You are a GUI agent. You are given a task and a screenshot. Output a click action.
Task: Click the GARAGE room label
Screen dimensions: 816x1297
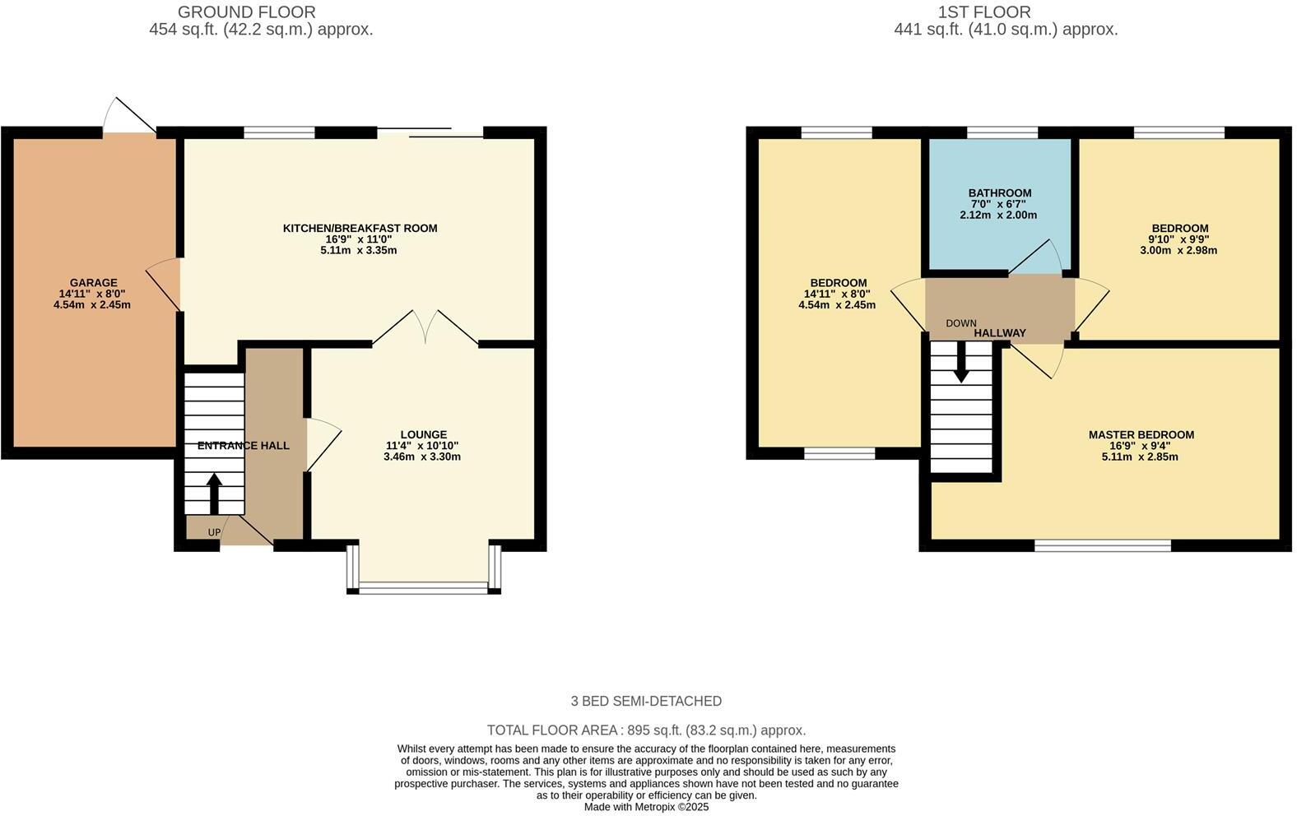[93, 283]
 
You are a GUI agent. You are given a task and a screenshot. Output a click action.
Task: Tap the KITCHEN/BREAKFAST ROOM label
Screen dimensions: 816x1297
[360, 228]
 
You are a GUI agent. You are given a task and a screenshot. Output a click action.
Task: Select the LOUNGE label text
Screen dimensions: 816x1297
[423, 434]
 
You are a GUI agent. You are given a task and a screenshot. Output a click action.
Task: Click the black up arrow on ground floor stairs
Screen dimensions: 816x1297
[213, 493]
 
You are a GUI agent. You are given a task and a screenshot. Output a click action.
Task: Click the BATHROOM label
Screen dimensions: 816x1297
[999, 193]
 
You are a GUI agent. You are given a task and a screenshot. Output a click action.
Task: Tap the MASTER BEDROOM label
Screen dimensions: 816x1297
[1141, 434]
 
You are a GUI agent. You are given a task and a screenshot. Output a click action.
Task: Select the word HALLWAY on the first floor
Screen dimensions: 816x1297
[1000, 333]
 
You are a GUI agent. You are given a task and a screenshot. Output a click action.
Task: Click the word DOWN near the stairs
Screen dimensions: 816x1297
[960, 323]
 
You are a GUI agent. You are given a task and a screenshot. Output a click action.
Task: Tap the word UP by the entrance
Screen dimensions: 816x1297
[214, 532]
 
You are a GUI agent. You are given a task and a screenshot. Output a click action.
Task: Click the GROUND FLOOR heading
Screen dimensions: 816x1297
[246, 12]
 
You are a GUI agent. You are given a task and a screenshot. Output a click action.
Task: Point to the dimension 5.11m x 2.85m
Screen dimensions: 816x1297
[1140, 457]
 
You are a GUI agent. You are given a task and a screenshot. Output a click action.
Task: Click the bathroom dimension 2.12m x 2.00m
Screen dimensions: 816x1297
[998, 215]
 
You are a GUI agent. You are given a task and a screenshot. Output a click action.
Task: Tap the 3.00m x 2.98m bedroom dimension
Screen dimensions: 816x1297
[1178, 250]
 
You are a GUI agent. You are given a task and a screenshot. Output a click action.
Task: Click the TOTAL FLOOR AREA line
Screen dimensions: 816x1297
[646, 730]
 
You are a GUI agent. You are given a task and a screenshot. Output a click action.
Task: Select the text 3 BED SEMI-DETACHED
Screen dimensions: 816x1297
[646, 701]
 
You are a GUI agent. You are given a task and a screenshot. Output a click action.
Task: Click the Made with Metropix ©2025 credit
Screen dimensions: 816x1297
[646, 807]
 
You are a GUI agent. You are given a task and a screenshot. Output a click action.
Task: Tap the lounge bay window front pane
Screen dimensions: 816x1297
[424, 587]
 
